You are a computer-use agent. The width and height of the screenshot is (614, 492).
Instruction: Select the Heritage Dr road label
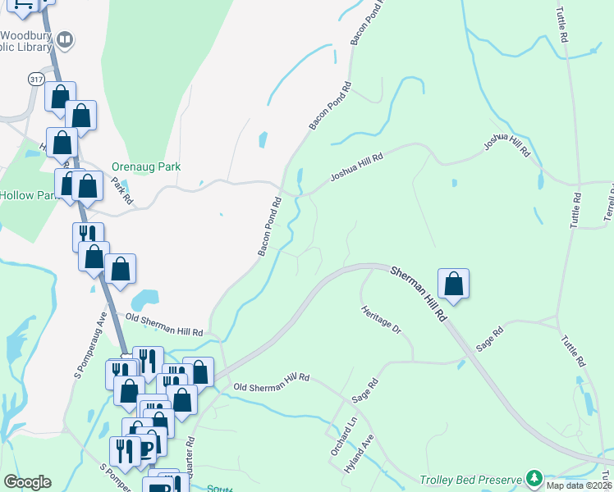[381, 320]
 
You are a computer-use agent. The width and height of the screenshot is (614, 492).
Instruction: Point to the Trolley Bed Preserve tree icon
[534, 477]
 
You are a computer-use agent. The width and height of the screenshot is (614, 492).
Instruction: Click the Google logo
[27, 482]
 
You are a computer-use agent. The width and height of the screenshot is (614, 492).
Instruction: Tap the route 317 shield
[35, 79]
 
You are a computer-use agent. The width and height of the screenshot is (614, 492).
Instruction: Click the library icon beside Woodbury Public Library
[65, 39]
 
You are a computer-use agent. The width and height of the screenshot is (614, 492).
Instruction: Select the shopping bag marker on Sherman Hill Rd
[453, 285]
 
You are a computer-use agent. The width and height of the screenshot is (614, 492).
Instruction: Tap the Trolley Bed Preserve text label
[471, 480]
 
